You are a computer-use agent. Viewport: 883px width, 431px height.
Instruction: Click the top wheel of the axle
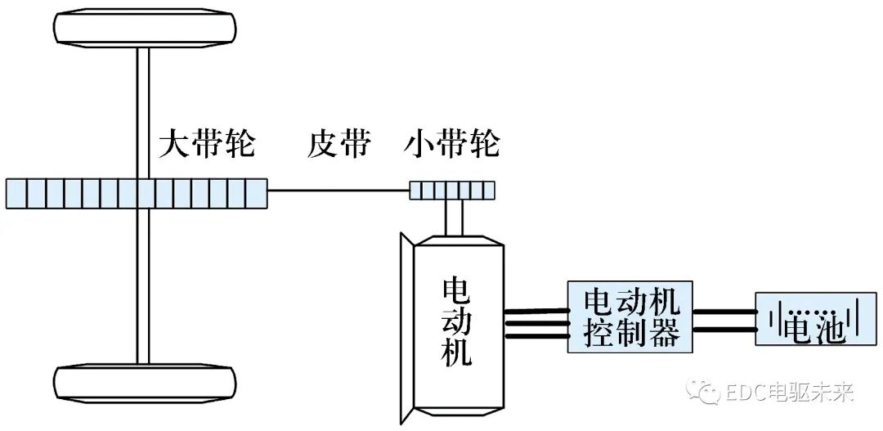coord(143,29)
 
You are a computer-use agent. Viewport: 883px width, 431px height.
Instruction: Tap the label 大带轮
coord(207,146)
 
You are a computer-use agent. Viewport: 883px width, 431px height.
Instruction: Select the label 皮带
coord(338,146)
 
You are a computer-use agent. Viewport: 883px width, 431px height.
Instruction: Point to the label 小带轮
coord(452,146)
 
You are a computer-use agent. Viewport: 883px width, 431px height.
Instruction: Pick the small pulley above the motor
coord(452,191)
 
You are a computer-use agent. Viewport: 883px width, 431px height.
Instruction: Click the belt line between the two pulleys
coord(338,191)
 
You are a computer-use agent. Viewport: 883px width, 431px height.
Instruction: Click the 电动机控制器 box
coord(630,317)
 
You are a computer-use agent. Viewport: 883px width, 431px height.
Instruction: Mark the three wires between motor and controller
coord(536,322)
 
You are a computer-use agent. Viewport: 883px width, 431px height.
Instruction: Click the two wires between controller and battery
coord(724,320)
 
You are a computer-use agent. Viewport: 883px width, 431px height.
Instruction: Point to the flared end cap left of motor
coord(406,327)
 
